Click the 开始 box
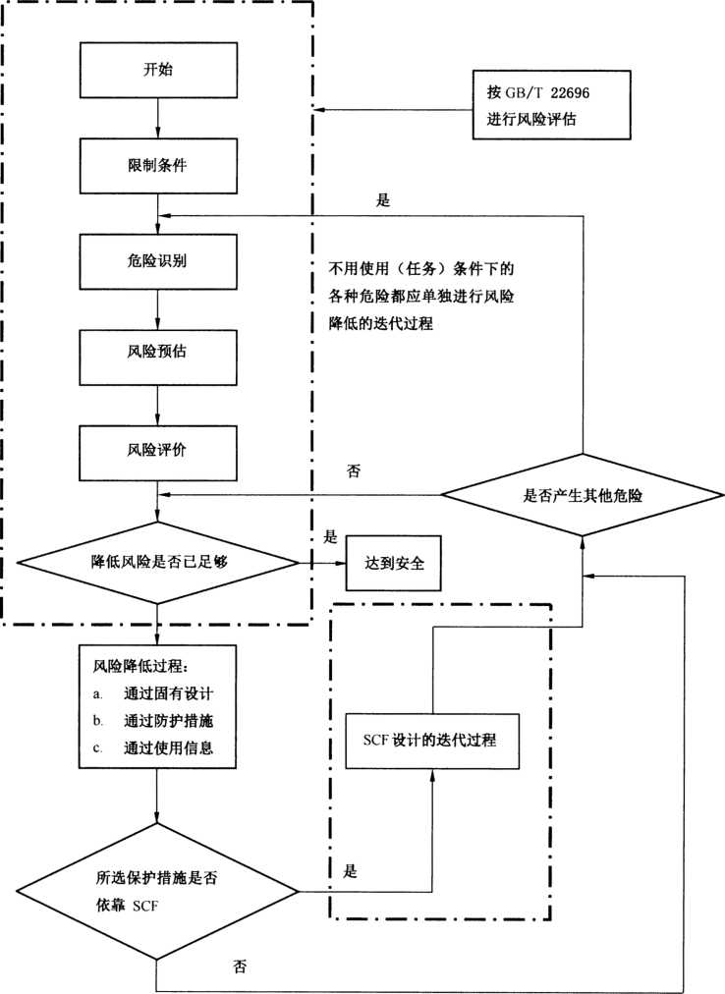pos(159,71)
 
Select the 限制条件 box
pos(159,164)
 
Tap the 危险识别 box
pos(159,259)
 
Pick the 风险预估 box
pos(159,355)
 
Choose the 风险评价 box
pos(159,450)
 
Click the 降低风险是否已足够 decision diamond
pos(158,563)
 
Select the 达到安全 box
pos(391,564)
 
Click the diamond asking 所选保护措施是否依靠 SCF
pos(157,892)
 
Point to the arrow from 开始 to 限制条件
pos(159,119)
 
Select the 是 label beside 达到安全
pos(331,538)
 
